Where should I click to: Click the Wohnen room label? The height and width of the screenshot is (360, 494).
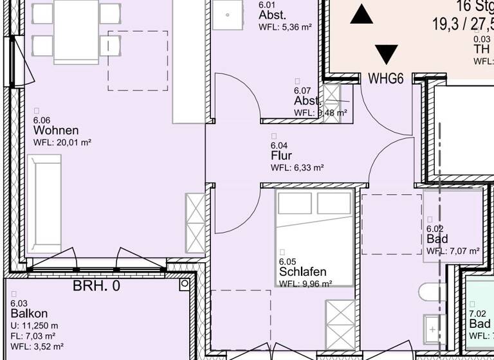56,130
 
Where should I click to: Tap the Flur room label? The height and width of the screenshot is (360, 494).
281,156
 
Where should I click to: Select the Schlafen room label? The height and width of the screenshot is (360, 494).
303,272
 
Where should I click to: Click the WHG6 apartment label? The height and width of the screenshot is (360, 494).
385,79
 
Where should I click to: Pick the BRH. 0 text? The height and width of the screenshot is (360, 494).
96,287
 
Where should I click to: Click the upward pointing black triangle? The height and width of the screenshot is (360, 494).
361,14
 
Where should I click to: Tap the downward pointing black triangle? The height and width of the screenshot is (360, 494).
386,54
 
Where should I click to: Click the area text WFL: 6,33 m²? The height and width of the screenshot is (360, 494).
297,168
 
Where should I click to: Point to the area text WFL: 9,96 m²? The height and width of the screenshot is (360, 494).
306,283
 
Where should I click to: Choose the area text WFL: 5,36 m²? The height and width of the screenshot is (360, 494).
285,28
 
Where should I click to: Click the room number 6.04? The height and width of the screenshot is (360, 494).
279,145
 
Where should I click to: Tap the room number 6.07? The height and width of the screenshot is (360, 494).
302,91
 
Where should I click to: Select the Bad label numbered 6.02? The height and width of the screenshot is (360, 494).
437,239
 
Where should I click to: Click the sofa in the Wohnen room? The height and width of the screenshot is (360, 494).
44,205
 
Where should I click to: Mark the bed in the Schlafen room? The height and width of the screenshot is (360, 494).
315,235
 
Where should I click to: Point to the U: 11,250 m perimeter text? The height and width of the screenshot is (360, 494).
34,325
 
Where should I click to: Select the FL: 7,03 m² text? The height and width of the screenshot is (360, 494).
33,336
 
